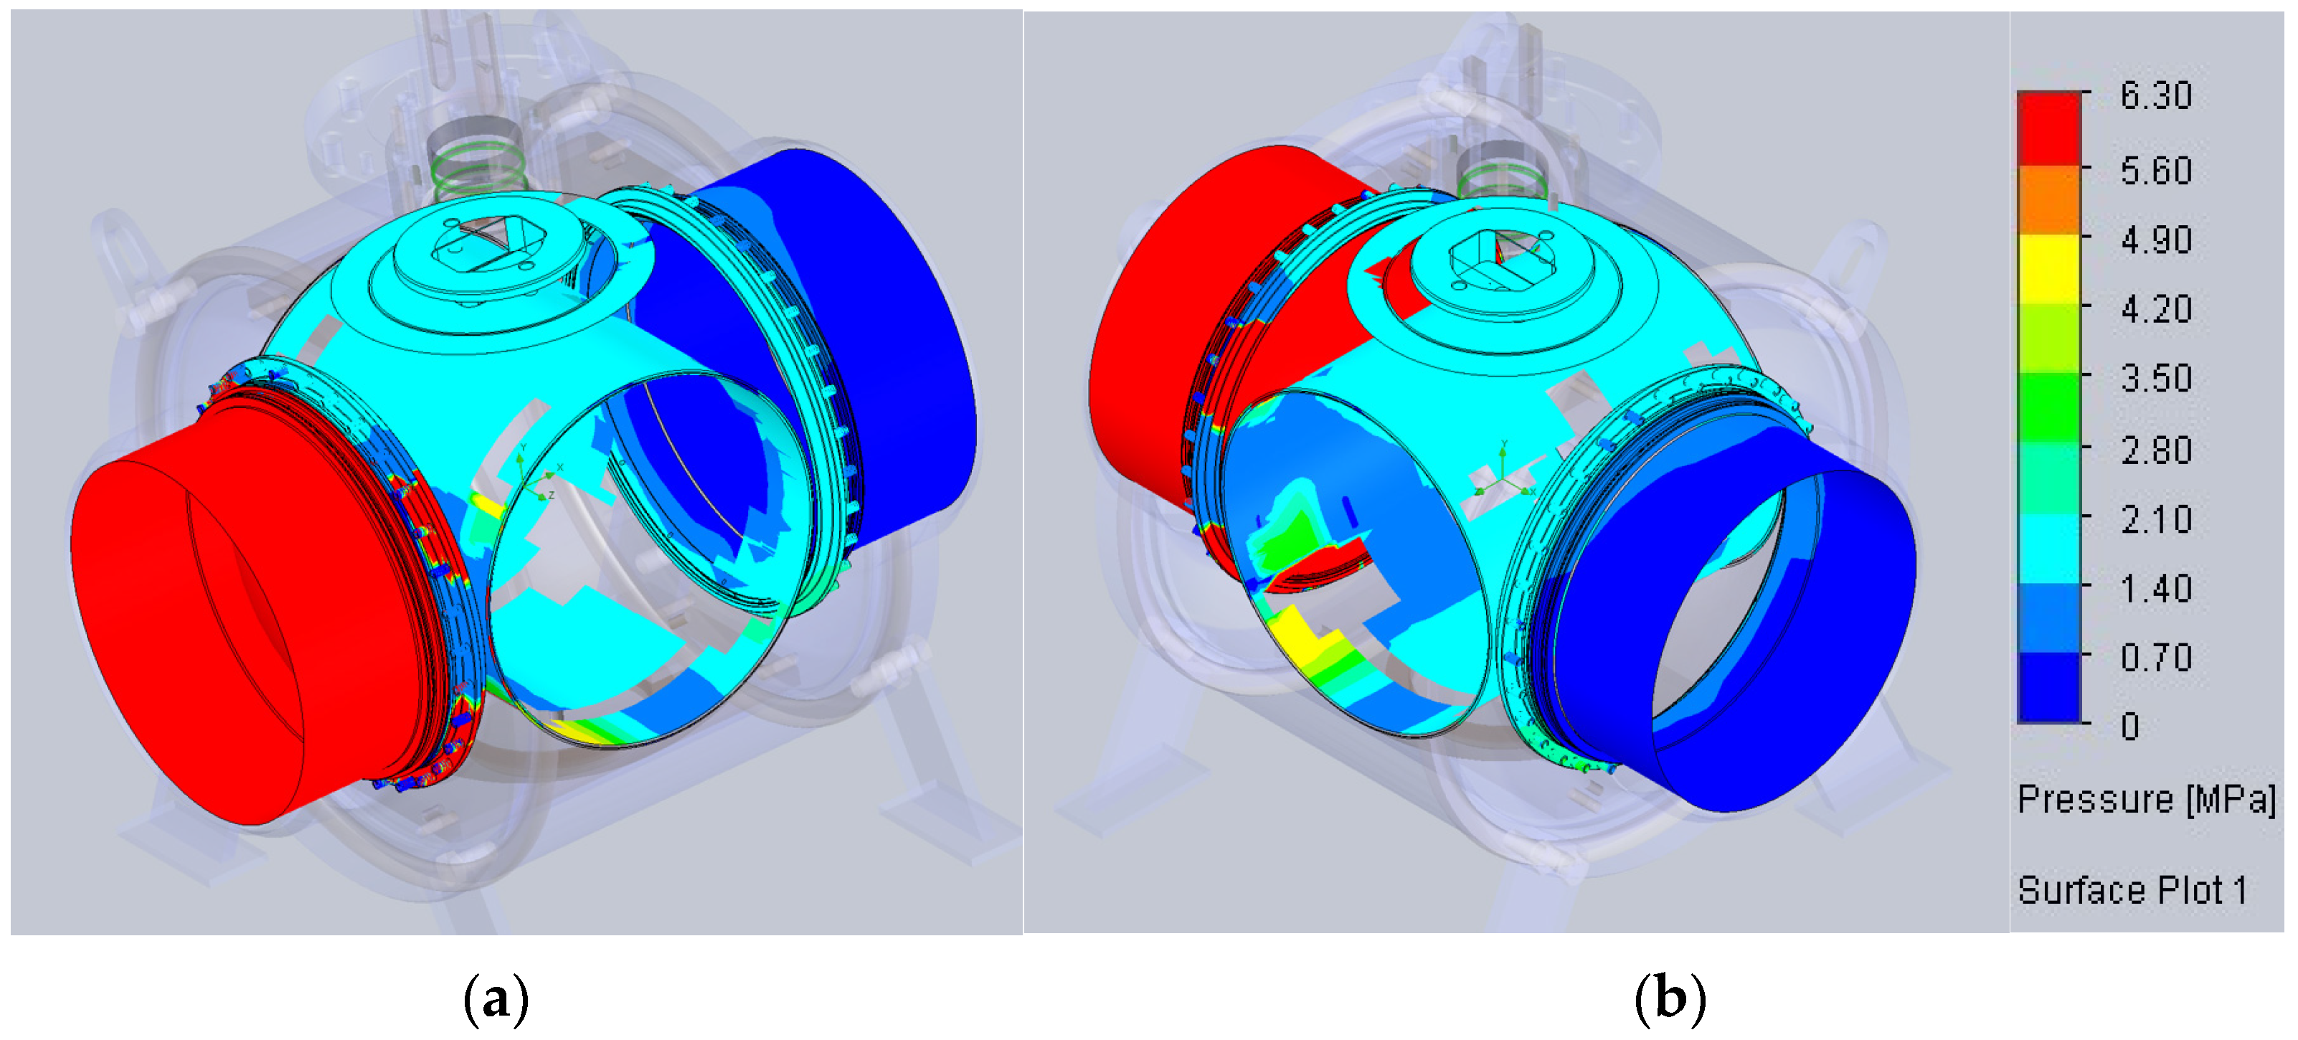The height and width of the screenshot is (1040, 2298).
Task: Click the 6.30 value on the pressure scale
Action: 2155,95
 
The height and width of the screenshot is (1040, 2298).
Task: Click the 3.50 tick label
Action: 2155,378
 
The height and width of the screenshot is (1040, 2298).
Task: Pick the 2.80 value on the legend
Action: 2155,450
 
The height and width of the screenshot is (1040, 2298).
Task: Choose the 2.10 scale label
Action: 2155,519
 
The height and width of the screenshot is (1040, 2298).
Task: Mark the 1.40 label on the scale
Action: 2155,589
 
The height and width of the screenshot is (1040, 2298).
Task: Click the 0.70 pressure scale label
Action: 2155,658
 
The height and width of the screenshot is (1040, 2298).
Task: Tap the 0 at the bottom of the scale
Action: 2130,726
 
